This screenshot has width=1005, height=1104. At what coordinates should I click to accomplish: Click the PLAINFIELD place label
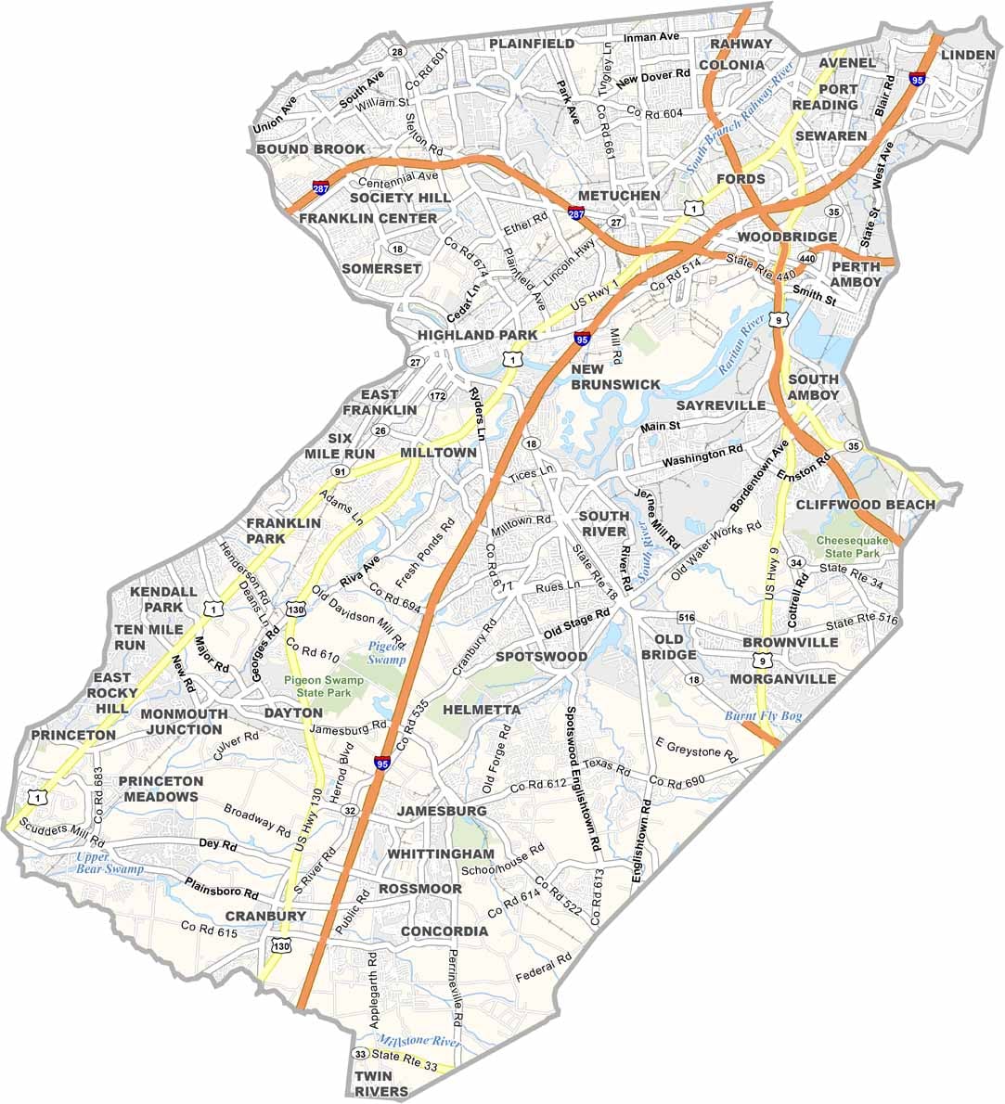(x=532, y=44)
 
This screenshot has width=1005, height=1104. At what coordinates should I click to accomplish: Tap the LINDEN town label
(x=967, y=55)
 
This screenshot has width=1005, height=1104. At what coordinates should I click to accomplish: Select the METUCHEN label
(x=619, y=196)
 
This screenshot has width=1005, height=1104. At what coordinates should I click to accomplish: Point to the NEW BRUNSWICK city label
(x=615, y=377)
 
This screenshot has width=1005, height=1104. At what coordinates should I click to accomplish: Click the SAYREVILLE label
(x=721, y=405)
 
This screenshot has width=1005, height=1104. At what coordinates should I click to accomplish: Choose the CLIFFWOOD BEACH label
(x=865, y=505)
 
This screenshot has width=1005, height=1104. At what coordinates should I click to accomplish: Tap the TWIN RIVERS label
(x=380, y=1084)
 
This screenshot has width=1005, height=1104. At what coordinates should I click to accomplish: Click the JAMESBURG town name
(x=441, y=811)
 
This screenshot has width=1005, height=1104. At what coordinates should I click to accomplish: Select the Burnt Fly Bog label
(x=762, y=716)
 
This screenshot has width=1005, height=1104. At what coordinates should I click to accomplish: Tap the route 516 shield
(x=687, y=617)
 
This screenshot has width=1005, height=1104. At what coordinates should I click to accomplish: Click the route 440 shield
(x=806, y=258)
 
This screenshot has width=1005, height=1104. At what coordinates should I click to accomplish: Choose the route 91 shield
(x=340, y=472)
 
